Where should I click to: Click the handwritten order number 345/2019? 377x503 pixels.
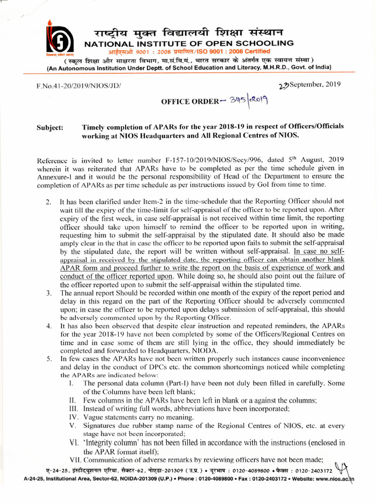246,101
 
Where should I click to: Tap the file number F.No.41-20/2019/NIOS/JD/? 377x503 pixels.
78,86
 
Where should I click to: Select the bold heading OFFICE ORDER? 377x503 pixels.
189,102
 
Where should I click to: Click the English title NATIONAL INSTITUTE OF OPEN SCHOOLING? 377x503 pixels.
189,44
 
